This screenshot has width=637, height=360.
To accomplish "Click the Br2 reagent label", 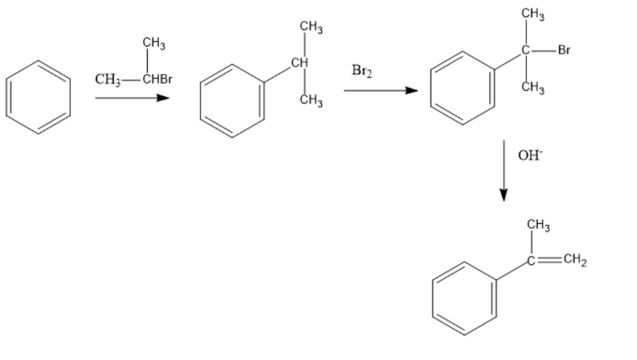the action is (x=362, y=71).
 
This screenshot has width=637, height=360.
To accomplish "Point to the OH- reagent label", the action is (x=530, y=155).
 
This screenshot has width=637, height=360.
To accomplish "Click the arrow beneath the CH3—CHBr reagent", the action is (x=132, y=98).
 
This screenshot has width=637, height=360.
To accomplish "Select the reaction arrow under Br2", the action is (x=381, y=90).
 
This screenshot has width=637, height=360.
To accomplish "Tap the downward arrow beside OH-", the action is (x=504, y=171).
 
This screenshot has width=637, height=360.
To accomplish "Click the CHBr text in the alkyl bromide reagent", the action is (x=157, y=79).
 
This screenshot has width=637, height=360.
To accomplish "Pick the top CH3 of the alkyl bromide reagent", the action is (x=154, y=43).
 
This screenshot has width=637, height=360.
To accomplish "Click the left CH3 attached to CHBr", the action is (x=108, y=79).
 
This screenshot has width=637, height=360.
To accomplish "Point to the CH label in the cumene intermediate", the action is (x=300, y=63).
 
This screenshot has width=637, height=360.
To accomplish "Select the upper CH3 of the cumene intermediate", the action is (x=311, y=27).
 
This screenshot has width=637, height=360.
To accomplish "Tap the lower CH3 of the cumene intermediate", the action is (x=311, y=100).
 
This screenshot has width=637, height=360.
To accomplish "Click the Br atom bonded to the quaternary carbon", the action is (x=564, y=50).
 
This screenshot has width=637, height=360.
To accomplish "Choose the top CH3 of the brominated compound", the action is (x=533, y=14).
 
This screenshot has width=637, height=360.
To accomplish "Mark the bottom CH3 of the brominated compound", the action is (x=533, y=87).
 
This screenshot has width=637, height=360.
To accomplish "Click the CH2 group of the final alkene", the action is (x=575, y=260).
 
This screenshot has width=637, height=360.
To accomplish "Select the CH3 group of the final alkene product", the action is (x=538, y=225).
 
